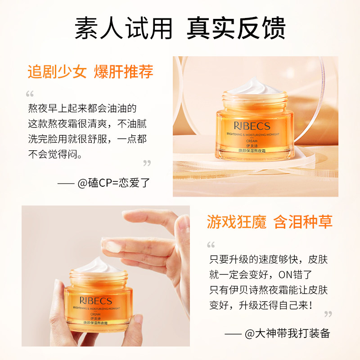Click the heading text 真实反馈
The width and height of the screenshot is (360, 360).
[x=236, y=28]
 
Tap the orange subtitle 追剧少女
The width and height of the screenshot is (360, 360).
[x=57, y=72]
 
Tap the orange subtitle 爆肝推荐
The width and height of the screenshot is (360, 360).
[x=124, y=72]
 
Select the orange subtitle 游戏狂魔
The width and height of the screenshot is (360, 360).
[x=236, y=222]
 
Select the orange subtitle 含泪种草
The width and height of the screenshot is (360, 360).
[x=303, y=222]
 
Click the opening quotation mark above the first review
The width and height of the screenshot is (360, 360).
[x=30, y=94]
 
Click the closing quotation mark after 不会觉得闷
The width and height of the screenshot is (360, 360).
[x=147, y=163]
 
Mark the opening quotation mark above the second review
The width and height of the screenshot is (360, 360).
[x=211, y=245]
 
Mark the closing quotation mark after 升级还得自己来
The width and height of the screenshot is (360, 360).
[x=328, y=314]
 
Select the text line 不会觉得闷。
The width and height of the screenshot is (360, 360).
[x=55, y=154]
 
